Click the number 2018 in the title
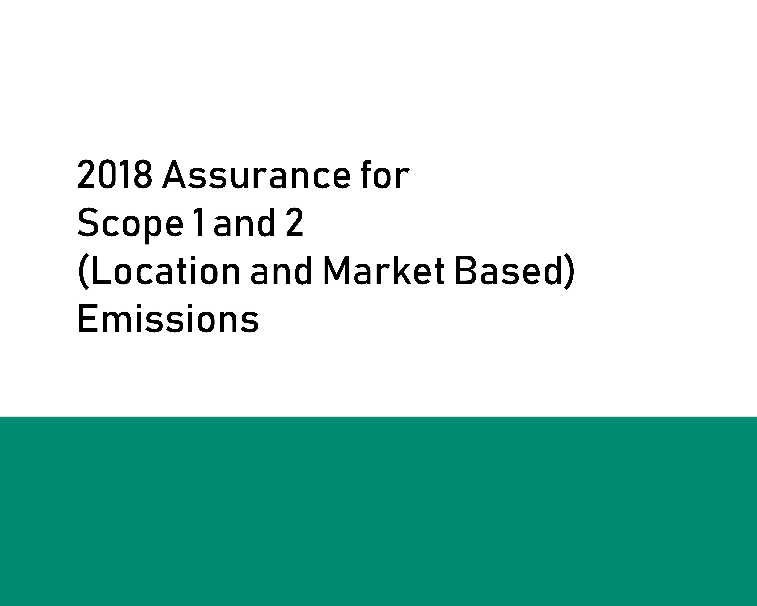click(114, 175)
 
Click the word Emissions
click(168, 320)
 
